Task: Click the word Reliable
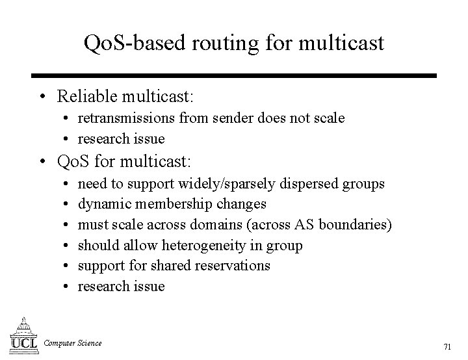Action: [85, 97]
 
